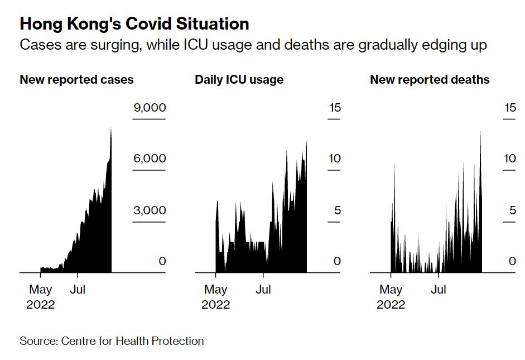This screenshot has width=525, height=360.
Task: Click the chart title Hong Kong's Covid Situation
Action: (x=134, y=24)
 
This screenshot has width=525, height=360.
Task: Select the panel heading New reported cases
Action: (x=76, y=79)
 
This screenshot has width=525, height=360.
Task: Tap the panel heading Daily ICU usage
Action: (x=239, y=79)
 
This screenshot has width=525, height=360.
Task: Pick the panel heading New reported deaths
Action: (x=430, y=79)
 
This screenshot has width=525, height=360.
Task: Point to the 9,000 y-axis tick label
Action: (x=150, y=108)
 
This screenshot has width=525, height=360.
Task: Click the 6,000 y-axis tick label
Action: (x=150, y=159)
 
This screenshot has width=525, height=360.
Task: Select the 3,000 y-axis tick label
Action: (x=150, y=210)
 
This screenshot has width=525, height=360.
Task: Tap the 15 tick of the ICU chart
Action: (x=334, y=108)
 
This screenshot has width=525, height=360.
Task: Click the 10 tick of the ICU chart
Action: (x=334, y=159)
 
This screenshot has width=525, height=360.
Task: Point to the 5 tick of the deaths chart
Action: (x=513, y=210)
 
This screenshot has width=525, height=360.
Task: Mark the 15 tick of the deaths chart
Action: (x=509, y=108)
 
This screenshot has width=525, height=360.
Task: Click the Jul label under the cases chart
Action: (x=78, y=290)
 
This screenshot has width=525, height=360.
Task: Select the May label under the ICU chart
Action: (x=215, y=290)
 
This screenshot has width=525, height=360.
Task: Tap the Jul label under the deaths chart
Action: (x=439, y=290)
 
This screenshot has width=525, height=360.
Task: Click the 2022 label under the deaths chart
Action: (x=391, y=305)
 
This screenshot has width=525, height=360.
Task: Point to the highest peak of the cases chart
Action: (x=111, y=128)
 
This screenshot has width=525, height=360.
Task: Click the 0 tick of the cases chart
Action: (x=162, y=261)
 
